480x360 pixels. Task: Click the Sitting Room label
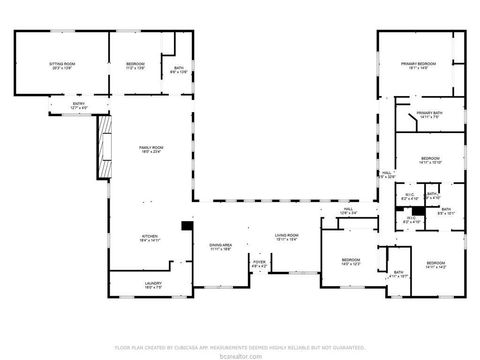[x=63, y=65]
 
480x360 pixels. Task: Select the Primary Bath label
[x=430, y=114]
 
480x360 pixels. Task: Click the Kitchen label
[x=149, y=238]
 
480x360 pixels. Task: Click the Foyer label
[x=258, y=265]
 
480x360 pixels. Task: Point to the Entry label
[x=78, y=104]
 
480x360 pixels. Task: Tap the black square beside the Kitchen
[x=185, y=227]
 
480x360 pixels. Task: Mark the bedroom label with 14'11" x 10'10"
[x=430, y=160]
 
